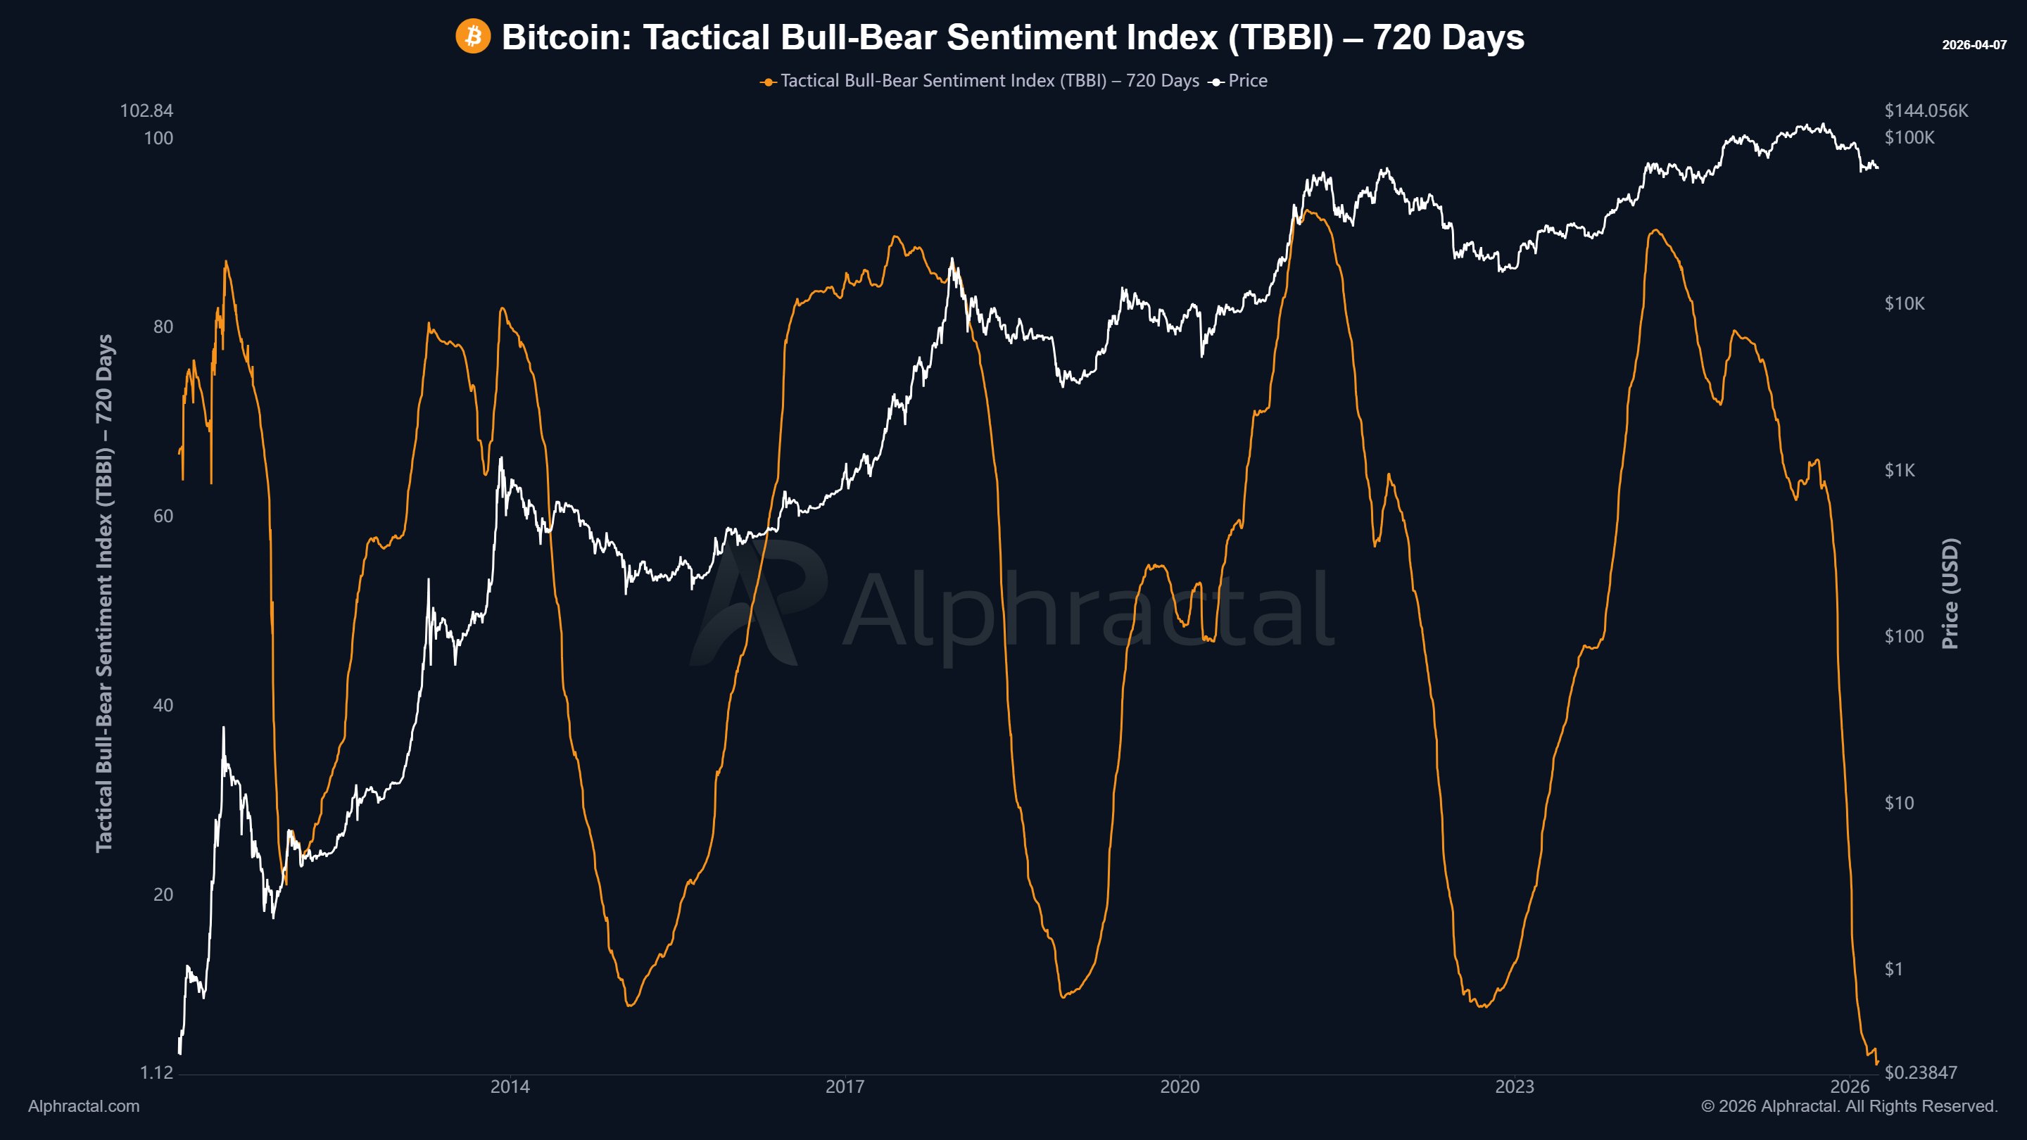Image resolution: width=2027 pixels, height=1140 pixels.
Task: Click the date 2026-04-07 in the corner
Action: pos(1974,45)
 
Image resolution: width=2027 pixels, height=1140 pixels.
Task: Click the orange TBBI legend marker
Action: pos(768,82)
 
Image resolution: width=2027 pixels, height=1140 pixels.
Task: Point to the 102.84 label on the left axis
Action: pos(146,111)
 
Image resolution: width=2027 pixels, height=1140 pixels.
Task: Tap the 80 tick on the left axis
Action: pos(163,327)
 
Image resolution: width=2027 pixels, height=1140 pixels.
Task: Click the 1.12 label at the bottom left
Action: pos(156,1073)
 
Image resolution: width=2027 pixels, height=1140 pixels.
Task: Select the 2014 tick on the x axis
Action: pos(510,1087)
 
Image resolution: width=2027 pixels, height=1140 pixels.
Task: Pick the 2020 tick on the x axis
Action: pos(1180,1087)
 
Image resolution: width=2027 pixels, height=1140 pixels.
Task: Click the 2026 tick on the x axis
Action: pos(1849,1087)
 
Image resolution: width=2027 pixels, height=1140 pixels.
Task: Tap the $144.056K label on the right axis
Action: pos(1926,111)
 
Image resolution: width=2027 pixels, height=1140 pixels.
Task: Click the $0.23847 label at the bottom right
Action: pos(1920,1073)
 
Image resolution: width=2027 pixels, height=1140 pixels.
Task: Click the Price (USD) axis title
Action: pos(1950,593)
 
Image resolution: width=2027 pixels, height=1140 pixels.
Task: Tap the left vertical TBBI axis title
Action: pos(105,593)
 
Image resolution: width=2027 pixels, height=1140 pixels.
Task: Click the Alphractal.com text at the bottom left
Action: pos(84,1106)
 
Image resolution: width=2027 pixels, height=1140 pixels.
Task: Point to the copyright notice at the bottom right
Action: pos(1849,1106)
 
